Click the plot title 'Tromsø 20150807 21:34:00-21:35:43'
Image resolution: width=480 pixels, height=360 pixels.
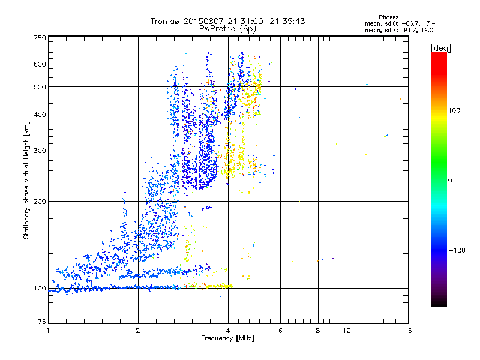point(228,21)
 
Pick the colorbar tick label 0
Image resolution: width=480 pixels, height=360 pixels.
point(449,180)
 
